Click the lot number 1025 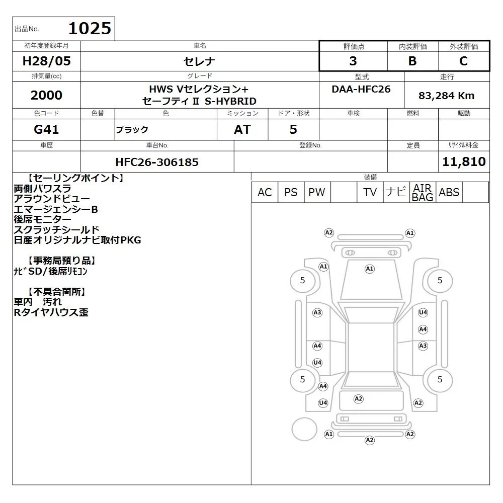pyautogui.click(x=90, y=28)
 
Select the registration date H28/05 pyautogui.click(x=46, y=61)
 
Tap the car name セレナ pyautogui.click(x=199, y=61)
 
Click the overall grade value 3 pyautogui.click(x=353, y=61)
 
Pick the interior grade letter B pyautogui.click(x=412, y=61)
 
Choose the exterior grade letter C pyautogui.click(x=463, y=61)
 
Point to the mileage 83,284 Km pyautogui.click(x=446, y=96)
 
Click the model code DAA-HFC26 pyautogui.click(x=361, y=89)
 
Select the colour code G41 pyautogui.click(x=46, y=129)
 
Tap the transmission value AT pyautogui.click(x=242, y=129)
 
